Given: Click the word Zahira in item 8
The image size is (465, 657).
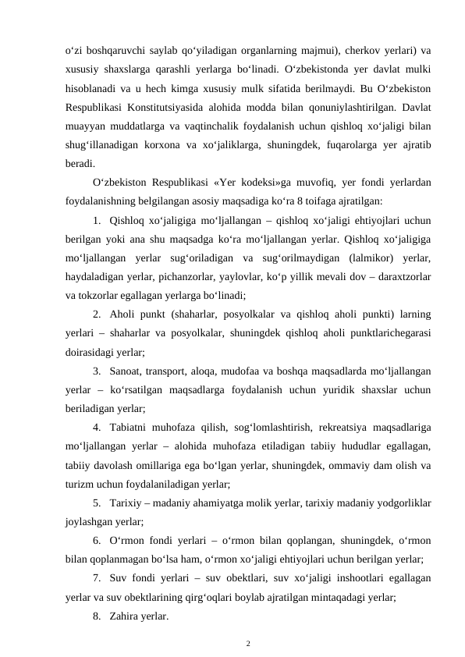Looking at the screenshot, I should (126, 616).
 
